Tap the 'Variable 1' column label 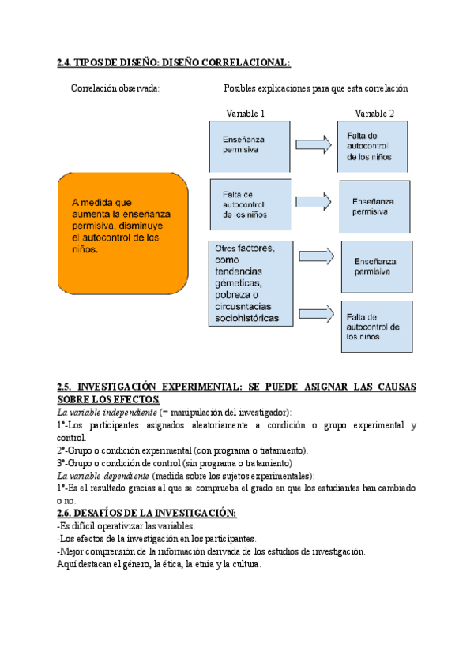coord(245,114)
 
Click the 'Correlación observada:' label coord(115,88)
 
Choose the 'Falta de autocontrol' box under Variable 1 coord(249,204)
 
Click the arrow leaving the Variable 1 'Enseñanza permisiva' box coord(314,144)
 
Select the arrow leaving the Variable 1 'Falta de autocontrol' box coord(314,202)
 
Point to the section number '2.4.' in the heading coord(67,62)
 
